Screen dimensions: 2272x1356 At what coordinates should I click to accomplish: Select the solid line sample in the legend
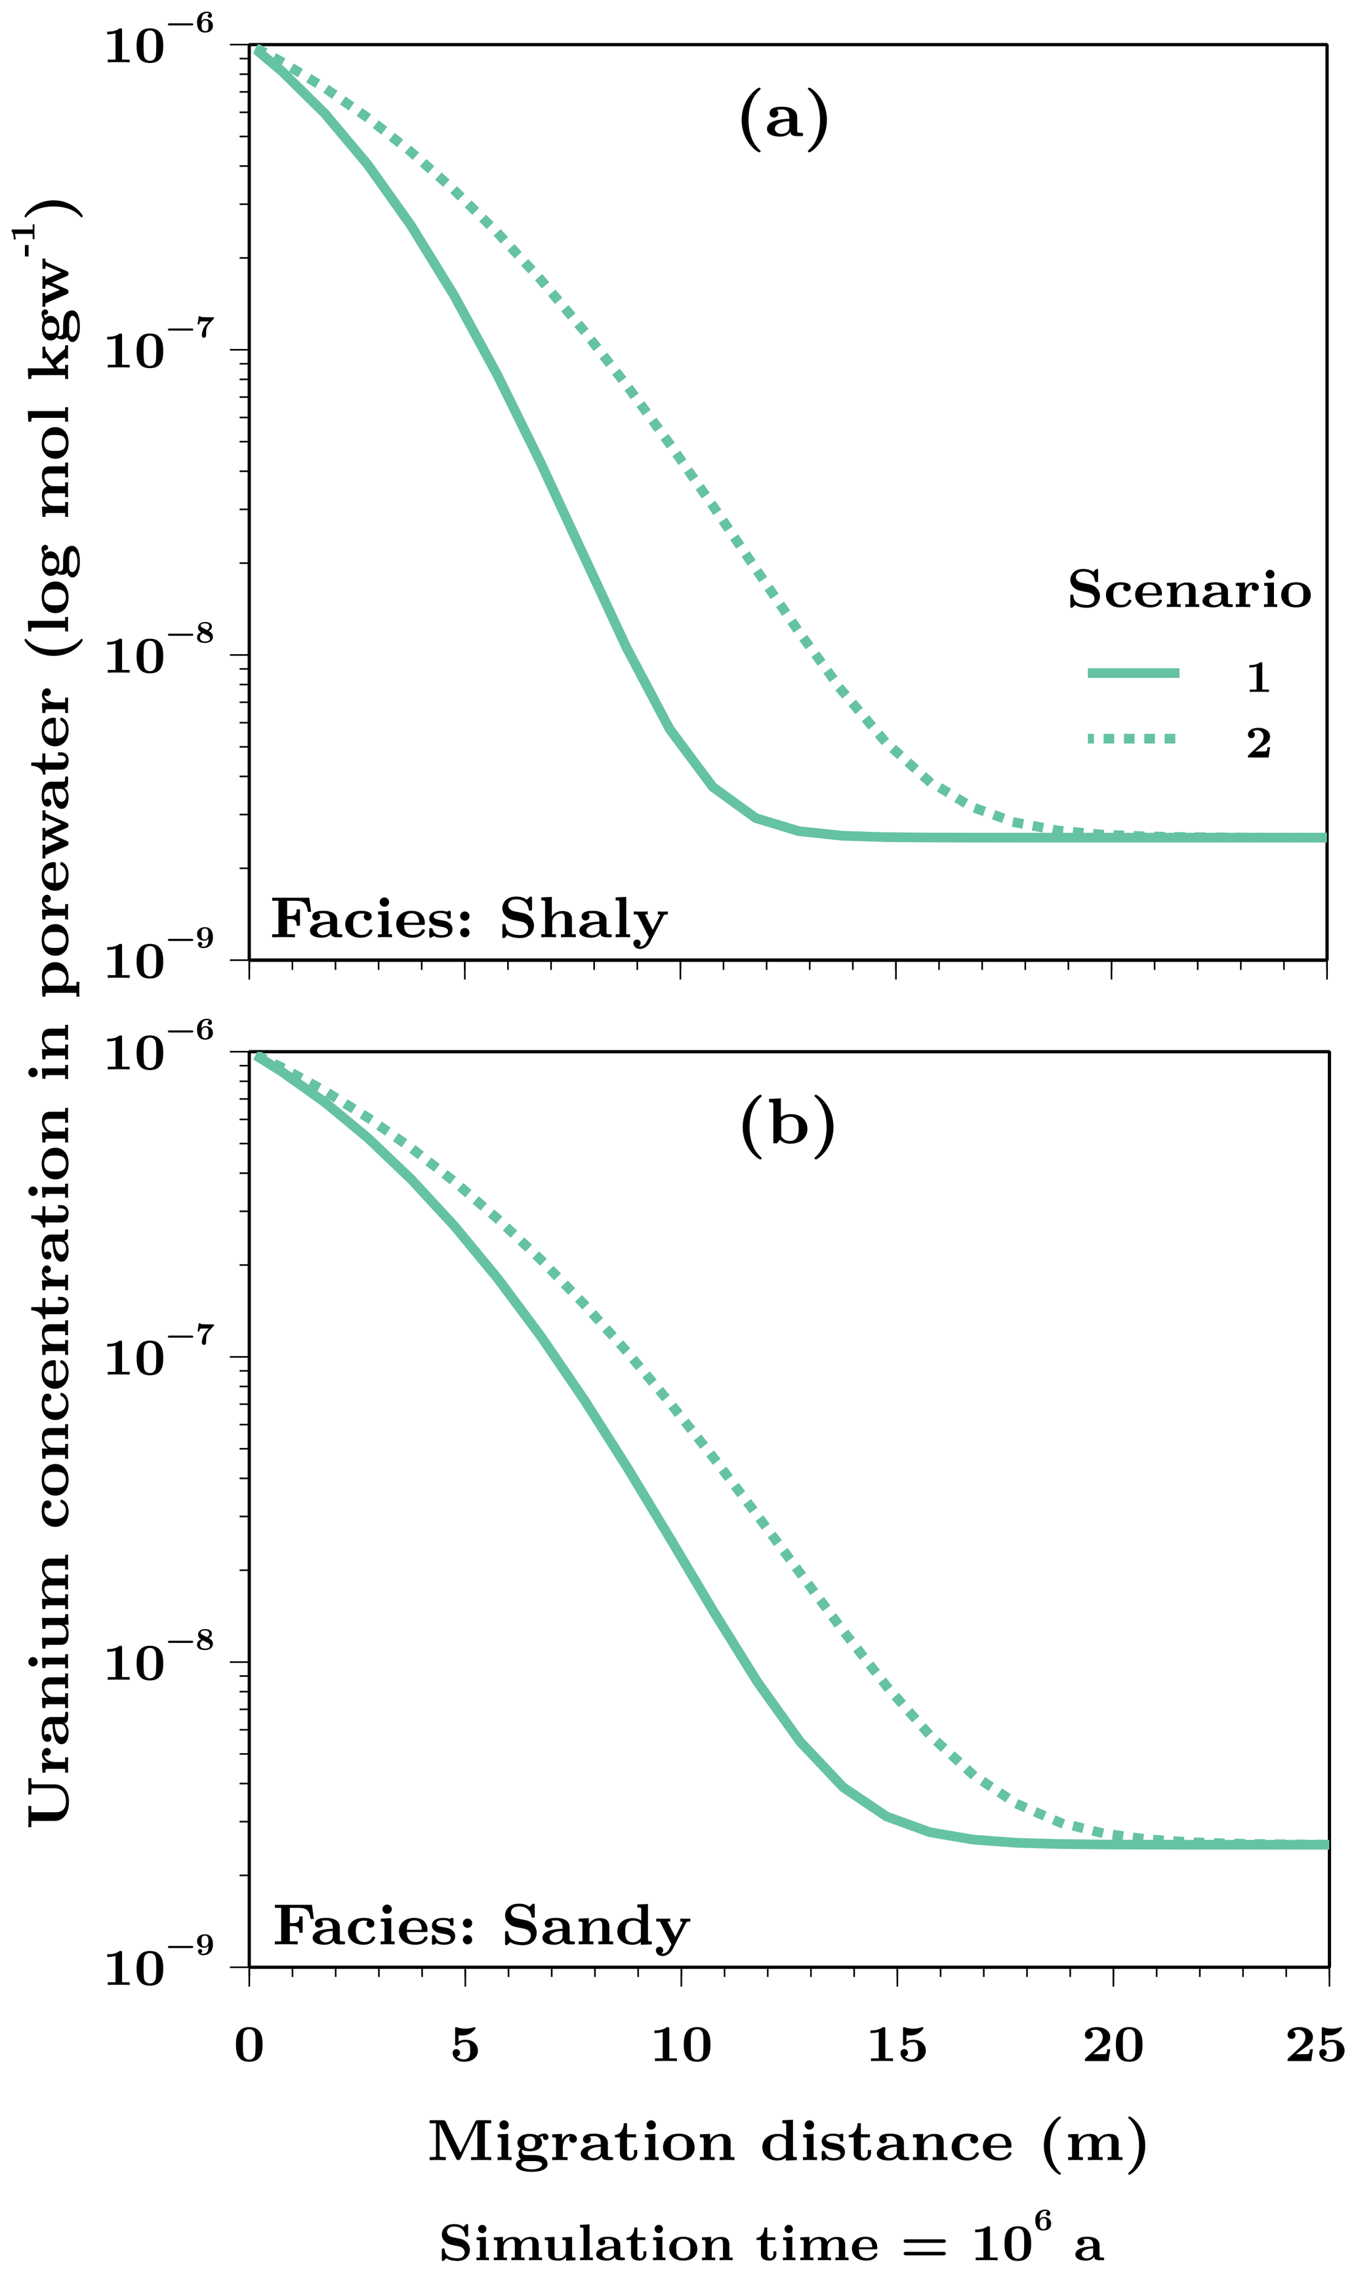(1133, 673)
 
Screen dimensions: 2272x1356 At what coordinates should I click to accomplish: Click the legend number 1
(1258, 677)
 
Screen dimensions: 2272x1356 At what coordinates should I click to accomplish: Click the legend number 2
(1258, 743)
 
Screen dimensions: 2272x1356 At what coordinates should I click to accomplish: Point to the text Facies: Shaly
(469, 920)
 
